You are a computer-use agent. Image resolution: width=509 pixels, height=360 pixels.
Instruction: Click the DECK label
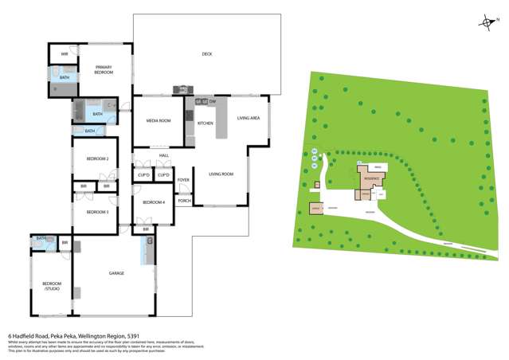click(x=206, y=54)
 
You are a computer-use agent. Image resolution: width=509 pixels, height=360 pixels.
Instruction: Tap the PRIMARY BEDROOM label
click(x=104, y=70)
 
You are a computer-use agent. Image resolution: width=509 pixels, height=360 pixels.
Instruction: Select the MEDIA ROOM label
click(x=158, y=121)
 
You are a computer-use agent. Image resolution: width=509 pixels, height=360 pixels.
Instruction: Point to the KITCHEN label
click(x=206, y=123)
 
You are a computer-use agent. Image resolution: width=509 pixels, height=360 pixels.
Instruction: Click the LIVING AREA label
click(x=249, y=119)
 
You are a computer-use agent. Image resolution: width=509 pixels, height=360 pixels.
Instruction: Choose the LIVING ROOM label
click(x=221, y=174)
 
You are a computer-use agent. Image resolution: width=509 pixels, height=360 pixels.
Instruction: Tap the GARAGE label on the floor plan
click(x=116, y=273)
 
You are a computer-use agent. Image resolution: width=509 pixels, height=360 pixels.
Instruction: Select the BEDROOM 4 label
click(x=153, y=202)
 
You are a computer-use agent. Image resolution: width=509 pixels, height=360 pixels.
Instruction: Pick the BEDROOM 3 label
click(x=96, y=212)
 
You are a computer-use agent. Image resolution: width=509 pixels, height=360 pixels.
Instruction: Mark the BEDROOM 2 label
click(x=96, y=158)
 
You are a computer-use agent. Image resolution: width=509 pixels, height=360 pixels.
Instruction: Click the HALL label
click(x=163, y=156)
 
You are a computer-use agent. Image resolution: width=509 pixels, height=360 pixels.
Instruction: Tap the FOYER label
click(x=183, y=181)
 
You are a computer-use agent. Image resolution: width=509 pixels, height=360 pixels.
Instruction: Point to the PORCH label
click(x=183, y=201)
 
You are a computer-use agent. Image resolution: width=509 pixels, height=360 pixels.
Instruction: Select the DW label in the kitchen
click(x=213, y=101)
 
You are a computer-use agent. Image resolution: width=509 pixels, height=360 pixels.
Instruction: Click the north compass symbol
click(x=484, y=23)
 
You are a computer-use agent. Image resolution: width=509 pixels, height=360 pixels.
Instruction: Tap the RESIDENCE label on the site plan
click(x=372, y=178)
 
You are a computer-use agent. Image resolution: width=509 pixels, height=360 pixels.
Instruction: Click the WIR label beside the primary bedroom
click(x=65, y=54)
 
